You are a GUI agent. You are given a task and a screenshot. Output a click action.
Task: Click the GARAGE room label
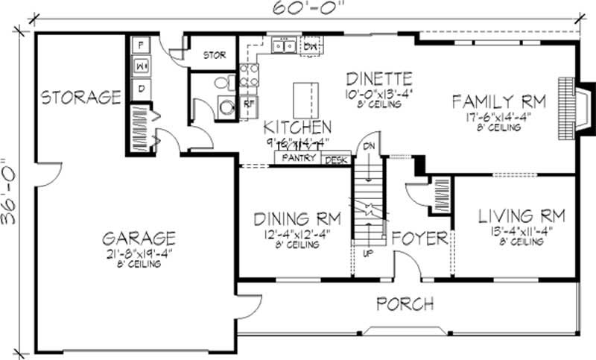139,239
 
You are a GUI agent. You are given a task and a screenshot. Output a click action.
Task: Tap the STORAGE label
80,97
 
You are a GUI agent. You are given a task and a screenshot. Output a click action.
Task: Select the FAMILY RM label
499,101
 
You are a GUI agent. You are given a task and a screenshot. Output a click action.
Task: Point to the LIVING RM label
521,216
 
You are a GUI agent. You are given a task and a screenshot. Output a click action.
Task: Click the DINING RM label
297,219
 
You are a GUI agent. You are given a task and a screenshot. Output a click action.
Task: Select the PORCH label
405,303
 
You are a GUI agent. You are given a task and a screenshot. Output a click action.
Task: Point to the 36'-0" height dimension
10,191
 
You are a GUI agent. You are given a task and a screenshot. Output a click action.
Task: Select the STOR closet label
215,55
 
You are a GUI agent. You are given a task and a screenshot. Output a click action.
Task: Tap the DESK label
336,159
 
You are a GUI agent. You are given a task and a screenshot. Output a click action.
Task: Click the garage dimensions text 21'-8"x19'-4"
139,254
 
